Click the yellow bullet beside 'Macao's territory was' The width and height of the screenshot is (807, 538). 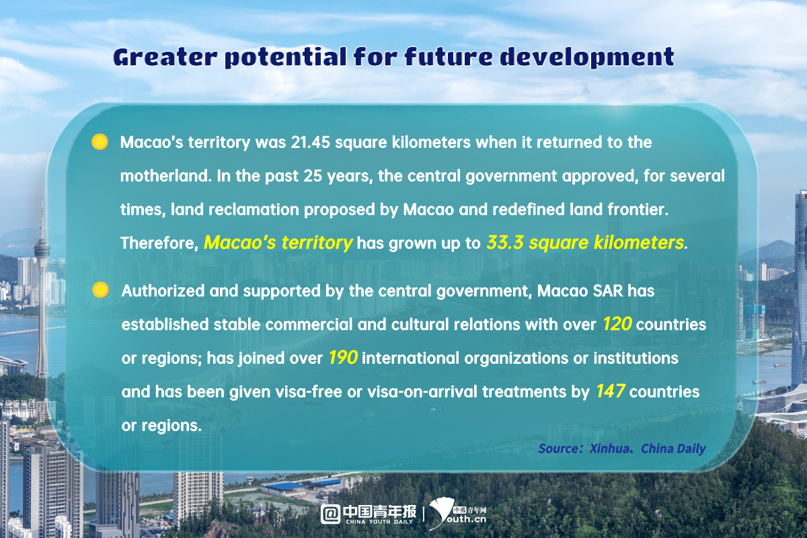tap(100, 142)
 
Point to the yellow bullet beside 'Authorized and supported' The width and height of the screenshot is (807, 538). tap(100, 291)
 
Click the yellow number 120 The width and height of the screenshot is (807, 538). tap(617, 324)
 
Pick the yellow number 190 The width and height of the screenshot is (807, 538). tap(343, 358)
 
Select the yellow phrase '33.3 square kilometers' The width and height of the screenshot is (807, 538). tap(584, 243)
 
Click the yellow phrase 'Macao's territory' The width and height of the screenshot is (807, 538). tap(278, 243)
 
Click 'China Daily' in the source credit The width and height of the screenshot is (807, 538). tap(673, 448)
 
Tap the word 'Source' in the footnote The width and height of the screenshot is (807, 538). tap(559, 448)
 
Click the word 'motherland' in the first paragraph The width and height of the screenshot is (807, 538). tap(164, 176)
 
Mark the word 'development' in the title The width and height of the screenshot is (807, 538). tap(586, 58)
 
